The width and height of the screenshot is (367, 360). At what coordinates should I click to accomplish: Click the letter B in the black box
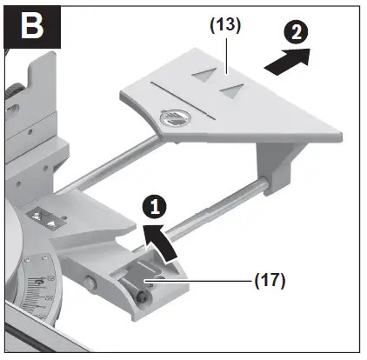tap(33, 25)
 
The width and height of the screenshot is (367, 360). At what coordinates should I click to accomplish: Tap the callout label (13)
tap(224, 25)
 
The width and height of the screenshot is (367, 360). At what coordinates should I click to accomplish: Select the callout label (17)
tap(268, 281)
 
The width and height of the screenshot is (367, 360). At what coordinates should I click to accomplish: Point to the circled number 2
tap(296, 35)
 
